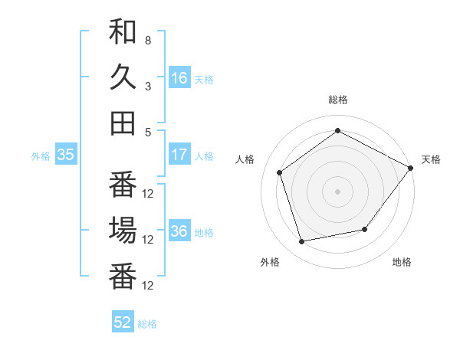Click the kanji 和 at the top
123,33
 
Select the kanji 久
123,77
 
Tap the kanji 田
123,123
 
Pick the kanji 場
123,231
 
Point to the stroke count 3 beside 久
148,86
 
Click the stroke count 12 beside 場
148,240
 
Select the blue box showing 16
179,78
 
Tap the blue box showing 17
179,155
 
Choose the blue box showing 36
179,231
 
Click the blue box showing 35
65,155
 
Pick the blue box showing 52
123,322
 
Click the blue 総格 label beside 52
147,324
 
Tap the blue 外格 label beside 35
41,156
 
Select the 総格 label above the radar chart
337,100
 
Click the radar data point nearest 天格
411,168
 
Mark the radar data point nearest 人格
280,172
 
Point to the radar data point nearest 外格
302,242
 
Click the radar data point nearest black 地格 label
365,229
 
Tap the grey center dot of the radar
337,191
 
